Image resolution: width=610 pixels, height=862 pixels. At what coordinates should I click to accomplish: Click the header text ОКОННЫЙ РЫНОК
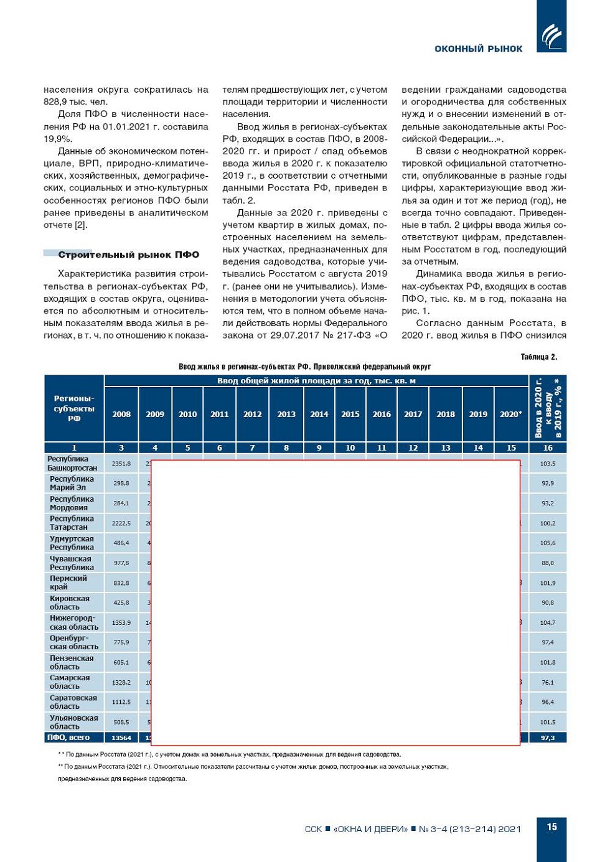[478, 49]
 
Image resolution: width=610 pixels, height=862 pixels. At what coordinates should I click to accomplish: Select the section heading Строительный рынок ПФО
[128, 255]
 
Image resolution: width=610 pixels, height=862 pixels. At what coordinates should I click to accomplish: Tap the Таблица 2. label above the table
[538, 357]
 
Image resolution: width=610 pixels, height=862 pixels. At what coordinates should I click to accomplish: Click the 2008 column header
[121, 414]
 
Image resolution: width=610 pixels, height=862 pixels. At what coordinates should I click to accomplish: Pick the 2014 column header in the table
[319, 414]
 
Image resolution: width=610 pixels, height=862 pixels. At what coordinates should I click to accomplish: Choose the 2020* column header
[511, 414]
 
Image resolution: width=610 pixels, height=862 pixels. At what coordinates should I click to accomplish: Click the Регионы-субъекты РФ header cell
[74, 409]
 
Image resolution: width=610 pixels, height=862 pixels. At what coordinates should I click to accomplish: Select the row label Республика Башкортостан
[72, 464]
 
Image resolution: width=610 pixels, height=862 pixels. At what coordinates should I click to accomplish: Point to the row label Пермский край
[68, 583]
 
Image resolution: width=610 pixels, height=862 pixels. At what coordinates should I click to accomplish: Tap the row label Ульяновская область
[73, 722]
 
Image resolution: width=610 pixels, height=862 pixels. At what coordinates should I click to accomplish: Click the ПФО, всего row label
[68, 738]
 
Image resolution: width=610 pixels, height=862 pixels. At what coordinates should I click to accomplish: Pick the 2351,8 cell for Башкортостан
[121, 464]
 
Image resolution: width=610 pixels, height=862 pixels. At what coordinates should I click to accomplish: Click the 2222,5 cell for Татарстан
[121, 523]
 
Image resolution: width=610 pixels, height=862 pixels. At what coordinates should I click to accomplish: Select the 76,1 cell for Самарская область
[548, 682]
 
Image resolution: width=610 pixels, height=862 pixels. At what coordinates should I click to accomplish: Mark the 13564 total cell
[121, 738]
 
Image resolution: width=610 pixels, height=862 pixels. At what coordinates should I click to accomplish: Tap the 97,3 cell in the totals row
[548, 738]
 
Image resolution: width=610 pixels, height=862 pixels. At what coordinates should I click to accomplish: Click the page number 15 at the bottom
[551, 827]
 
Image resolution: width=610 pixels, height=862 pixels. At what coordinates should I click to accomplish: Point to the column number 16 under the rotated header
[548, 447]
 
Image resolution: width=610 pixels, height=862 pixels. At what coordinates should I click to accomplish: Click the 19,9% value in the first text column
[58, 139]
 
